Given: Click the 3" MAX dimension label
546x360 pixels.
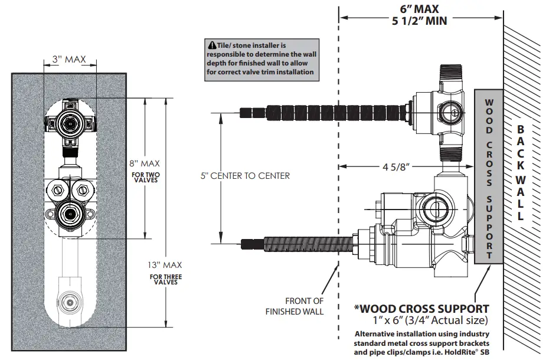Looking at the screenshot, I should click(x=69, y=59).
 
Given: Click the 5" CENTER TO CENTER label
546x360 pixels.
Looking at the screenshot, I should click(x=244, y=176).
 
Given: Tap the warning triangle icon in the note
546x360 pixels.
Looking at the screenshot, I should click(x=211, y=45).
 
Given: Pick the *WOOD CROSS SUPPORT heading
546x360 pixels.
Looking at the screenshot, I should click(x=421, y=309).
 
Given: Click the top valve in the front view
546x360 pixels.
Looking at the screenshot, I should click(x=69, y=123).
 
